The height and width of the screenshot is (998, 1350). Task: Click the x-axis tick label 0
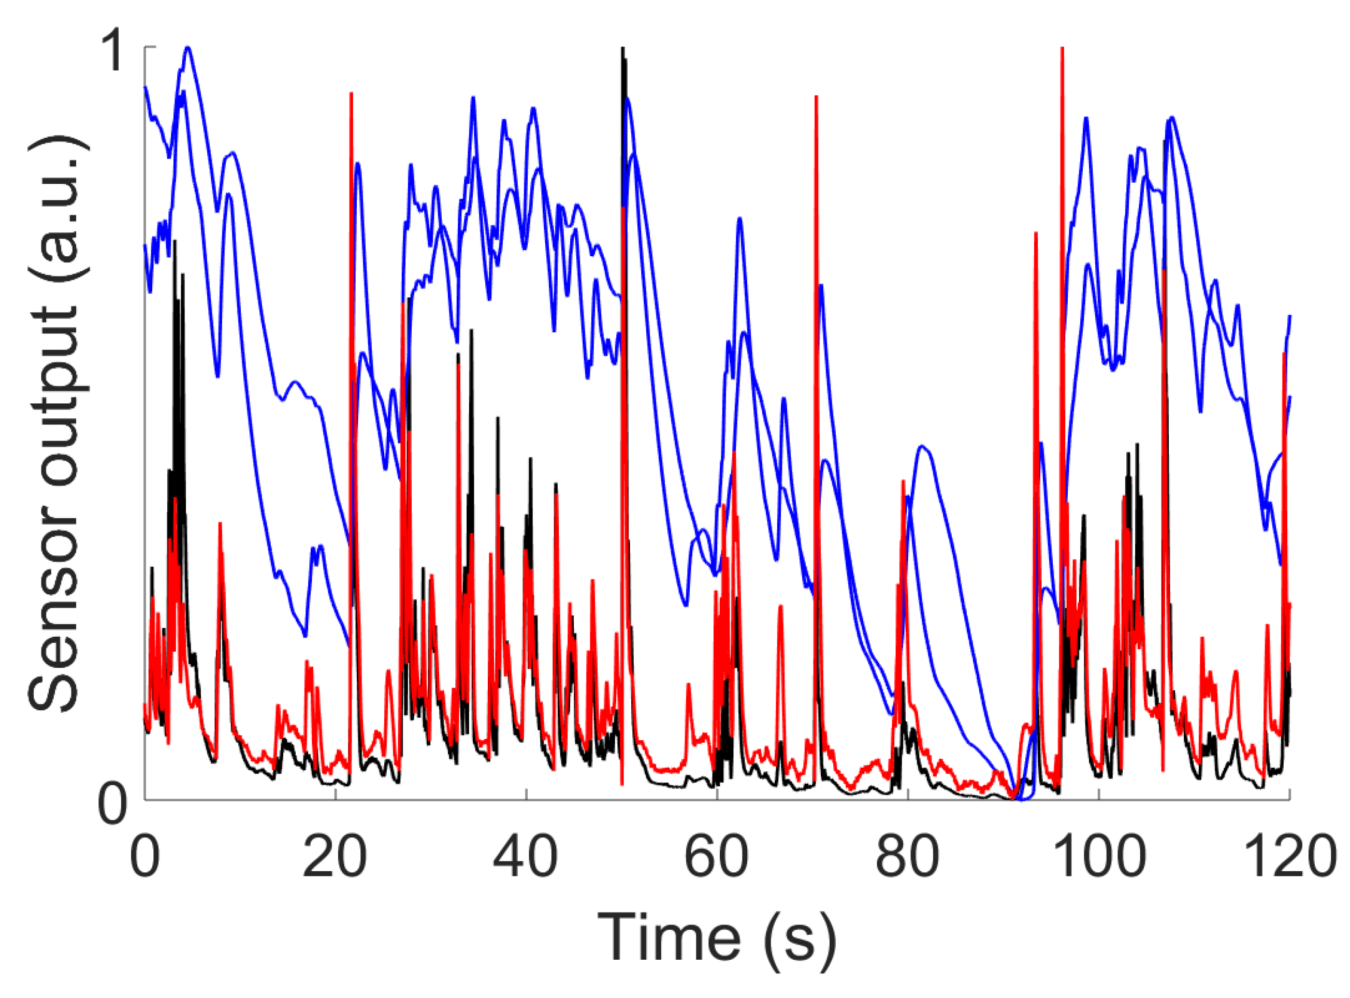(x=144, y=856)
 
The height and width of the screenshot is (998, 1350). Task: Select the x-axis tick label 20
(x=335, y=856)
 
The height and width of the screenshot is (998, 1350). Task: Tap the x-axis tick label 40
(x=525, y=856)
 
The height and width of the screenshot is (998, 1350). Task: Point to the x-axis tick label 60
(x=716, y=856)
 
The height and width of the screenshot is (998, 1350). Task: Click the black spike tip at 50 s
(x=622, y=48)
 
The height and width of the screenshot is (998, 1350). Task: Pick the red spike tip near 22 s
(x=351, y=94)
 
